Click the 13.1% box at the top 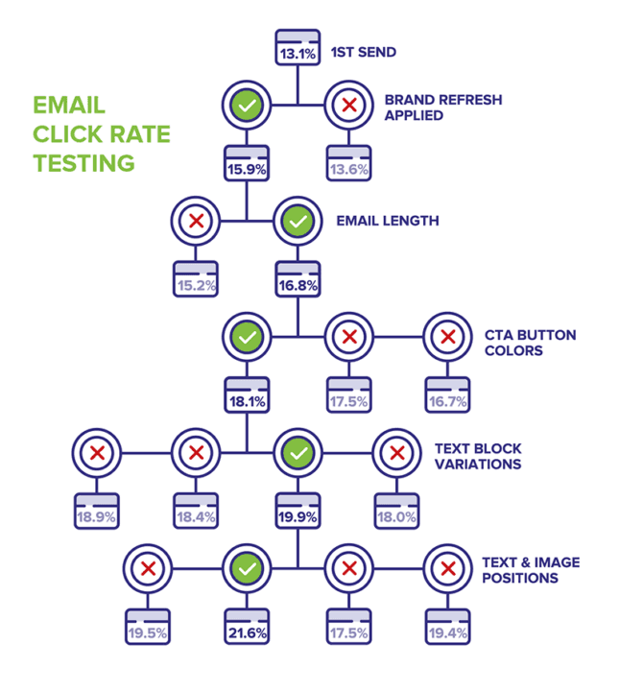click(x=298, y=49)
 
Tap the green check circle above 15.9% click(x=247, y=105)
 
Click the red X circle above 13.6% click(x=347, y=105)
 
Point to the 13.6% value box click(x=347, y=165)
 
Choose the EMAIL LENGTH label click(x=388, y=221)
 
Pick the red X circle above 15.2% click(x=196, y=221)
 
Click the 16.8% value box click(x=298, y=279)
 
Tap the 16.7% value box click(x=447, y=395)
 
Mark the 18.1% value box click(x=247, y=395)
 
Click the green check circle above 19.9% click(x=298, y=451)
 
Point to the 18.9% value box click(x=97, y=512)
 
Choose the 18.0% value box click(x=396, y=512)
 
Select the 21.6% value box click(x=247, y=627)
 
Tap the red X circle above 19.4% click(x=447, y=568)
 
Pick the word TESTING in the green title click(x=84, y=163)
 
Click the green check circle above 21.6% click(x=247, y=568)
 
